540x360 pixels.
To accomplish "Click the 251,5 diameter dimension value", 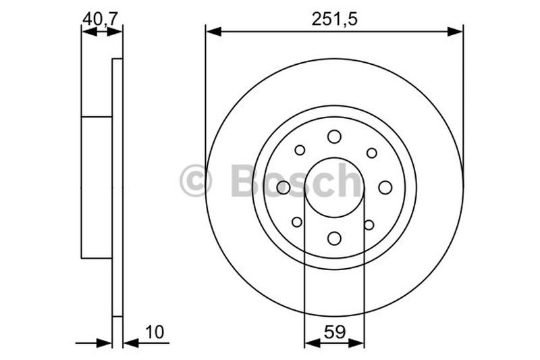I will point(334,20).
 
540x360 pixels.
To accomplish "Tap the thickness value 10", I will point(155,332).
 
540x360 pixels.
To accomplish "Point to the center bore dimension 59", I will point(334,332).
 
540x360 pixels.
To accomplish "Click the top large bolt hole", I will point(334,137).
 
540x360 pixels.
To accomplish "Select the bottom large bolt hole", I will point(334,238).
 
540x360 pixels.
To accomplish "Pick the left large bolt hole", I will point(283,187).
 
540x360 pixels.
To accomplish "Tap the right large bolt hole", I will point(385,187).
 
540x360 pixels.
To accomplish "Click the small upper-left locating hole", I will point(300,150).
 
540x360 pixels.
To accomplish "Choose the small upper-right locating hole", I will point(371,153).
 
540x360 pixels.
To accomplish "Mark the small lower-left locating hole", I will point(297,222).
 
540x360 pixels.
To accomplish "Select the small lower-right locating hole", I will point(369,224).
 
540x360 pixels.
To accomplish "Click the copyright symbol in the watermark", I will point(196,182).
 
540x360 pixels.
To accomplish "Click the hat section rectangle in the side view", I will point(96,187).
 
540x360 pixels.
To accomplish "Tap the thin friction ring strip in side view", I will point(117,187).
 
